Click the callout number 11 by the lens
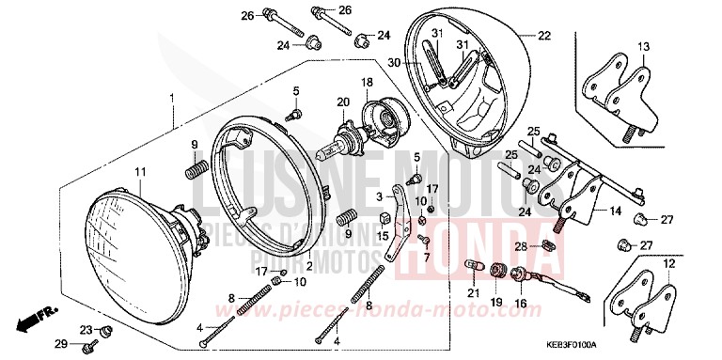pos(140,171)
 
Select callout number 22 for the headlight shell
pos(543,36)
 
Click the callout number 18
pos(368,83)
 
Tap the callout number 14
pos(614,212)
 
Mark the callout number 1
pos(171,97)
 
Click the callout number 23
pos(85,330)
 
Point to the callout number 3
pos(380,197)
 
